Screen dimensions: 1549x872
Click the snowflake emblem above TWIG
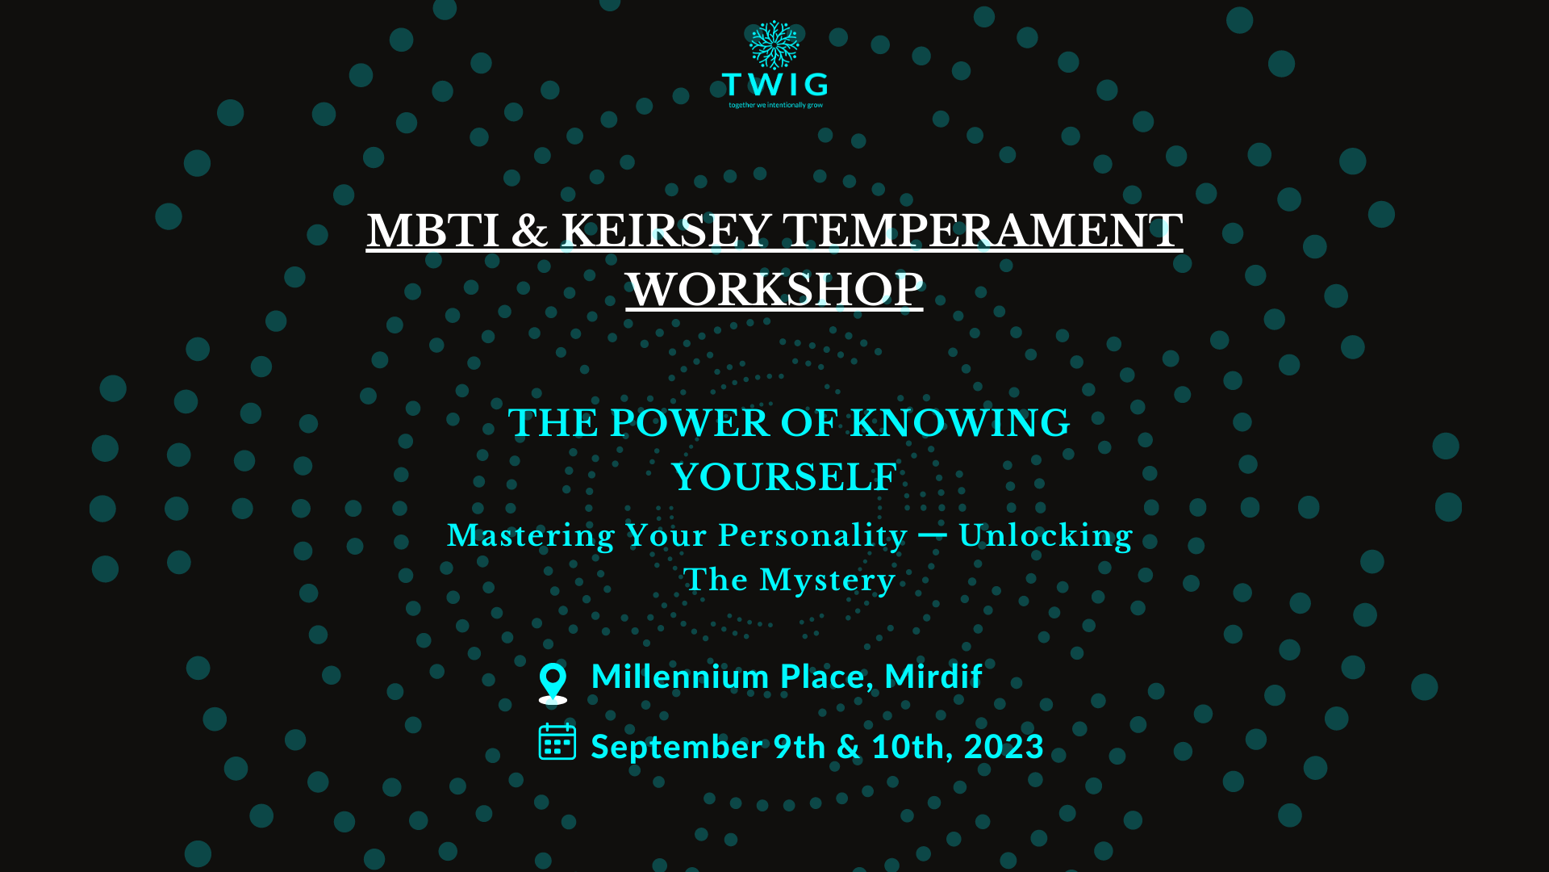click(x=774, y=45)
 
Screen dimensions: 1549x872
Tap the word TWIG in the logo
click(x=774, y=84)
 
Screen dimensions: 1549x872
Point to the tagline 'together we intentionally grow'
click(x=776, y=105)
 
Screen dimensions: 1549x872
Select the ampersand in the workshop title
click(x=530, y=231)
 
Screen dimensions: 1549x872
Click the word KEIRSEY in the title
click(x=666, y=231)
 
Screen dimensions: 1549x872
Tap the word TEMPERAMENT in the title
click(x=983, y=231)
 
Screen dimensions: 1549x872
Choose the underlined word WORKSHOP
click(x=774, y=289)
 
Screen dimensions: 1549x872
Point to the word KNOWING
click(x=960, y=423)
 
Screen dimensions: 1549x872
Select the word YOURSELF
click(x=784, y=477)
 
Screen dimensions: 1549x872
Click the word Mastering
click(x=531, y=536)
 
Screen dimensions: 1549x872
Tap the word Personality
click(x=813, y=536)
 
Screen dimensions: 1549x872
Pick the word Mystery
click(x=828, y=581)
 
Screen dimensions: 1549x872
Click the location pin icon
click(x=553, y=683)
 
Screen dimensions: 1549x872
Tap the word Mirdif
click(x=933, y=676)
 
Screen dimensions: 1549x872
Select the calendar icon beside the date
click(x=557, y=741)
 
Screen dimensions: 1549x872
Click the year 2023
click(x=1004, y=747)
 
